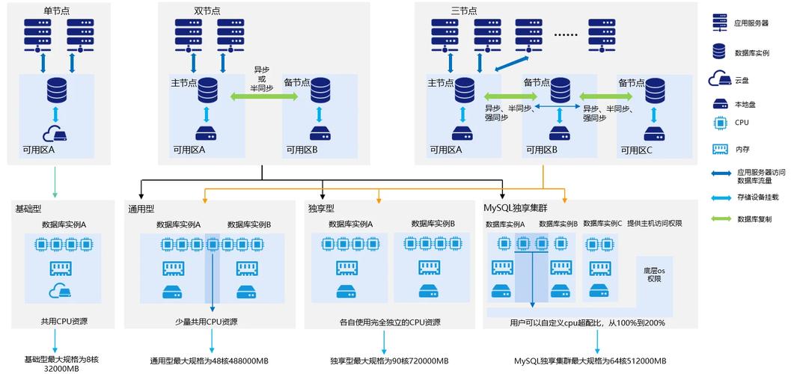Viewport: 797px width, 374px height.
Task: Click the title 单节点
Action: click(58, 10)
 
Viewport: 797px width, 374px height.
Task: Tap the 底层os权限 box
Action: click(655, 274)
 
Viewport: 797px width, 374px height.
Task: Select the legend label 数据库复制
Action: click(754, 219)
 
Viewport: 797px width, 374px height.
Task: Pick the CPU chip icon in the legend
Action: click(720, 123)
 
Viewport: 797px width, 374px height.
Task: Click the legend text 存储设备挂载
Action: click(758, 197)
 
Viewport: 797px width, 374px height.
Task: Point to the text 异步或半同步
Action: click(262, 78)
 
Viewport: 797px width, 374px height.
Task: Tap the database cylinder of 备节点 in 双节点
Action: click(320, 90)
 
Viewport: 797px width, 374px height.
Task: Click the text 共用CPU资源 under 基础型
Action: click(64, 322)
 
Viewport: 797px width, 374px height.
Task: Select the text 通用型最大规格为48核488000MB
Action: click(209, 361)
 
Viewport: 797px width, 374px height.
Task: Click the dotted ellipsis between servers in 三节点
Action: click(566, 34)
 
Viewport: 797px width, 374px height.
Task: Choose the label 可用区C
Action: click(637, 150)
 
